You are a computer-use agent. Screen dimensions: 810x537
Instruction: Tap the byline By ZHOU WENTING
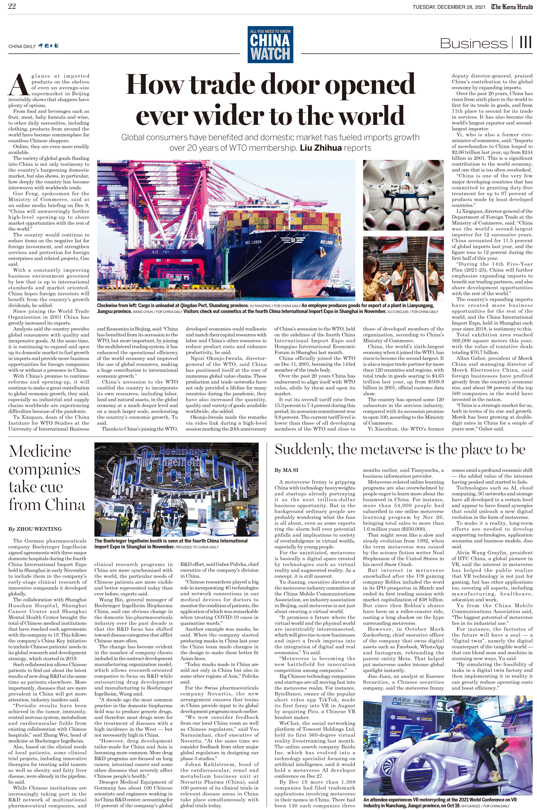pos(35,529)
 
